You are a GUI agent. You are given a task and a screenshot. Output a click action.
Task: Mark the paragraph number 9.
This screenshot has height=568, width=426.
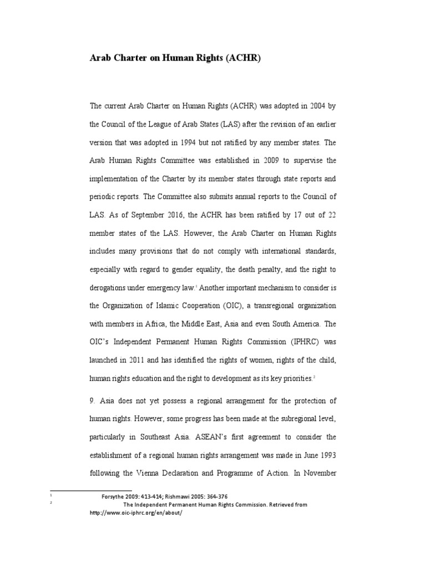pos(92,400)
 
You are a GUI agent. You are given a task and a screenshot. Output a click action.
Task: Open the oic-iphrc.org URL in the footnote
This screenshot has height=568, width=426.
pos(136,513)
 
